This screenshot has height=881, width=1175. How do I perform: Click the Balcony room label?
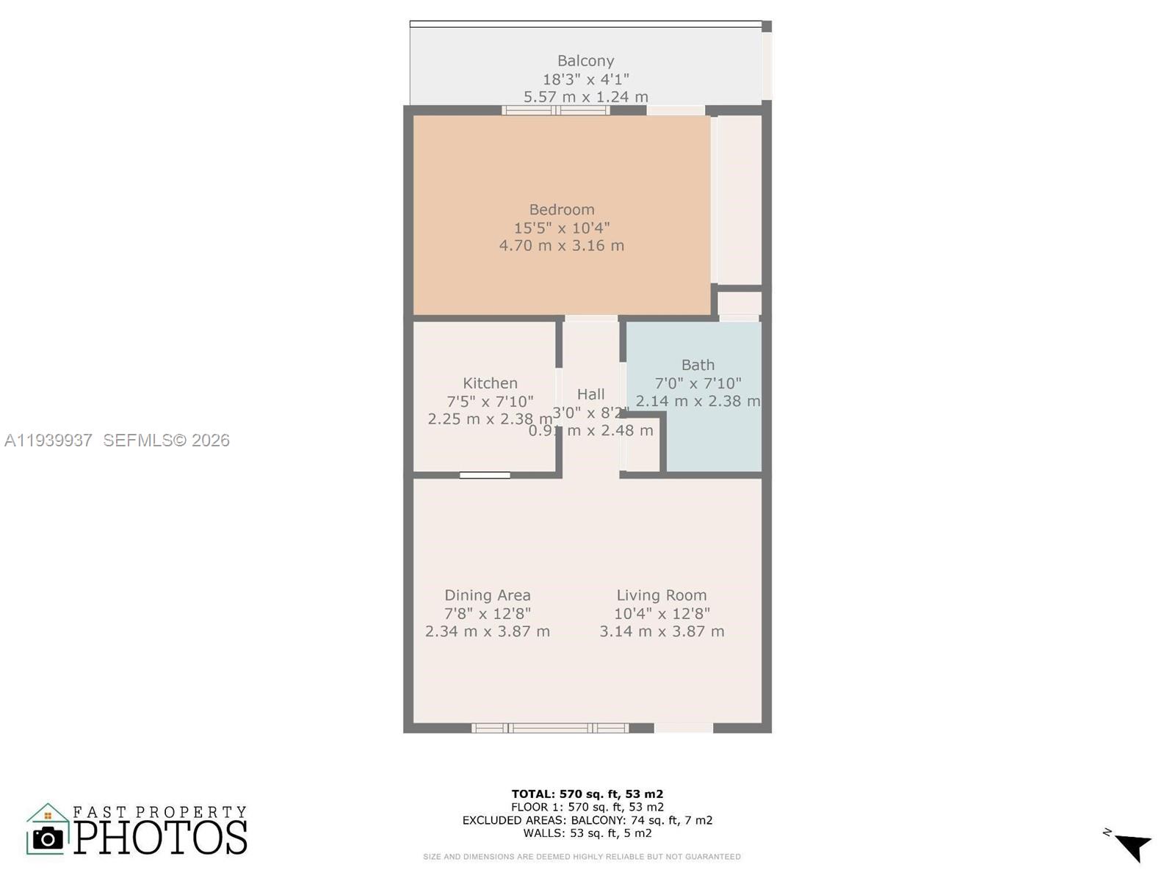click(585, 61)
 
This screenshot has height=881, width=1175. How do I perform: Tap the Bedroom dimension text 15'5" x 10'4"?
click(562, 228)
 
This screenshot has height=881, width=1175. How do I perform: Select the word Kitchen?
click(490, 383)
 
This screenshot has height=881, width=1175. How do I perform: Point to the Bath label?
click(697, 365)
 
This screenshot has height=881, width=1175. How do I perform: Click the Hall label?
click(590, 394)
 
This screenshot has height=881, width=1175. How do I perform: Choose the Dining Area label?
click(487, 595)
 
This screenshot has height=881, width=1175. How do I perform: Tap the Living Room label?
click(661, 595)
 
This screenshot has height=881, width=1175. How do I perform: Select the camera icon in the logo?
click(48, 838)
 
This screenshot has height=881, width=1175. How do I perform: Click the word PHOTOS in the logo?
click(160, 838)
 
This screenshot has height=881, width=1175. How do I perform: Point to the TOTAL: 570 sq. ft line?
click(587, 794)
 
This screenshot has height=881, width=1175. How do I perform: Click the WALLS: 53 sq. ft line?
click(587, 833)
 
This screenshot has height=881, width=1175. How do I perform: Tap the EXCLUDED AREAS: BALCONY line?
click(587, 820)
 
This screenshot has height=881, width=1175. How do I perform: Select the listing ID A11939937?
click(48, 440)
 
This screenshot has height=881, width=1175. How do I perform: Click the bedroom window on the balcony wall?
click(556, 111)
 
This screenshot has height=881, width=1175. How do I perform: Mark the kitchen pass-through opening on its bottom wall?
click(485, 476)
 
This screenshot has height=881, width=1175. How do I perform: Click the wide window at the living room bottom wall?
click(550, 728)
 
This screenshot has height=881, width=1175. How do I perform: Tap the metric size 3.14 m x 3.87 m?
click(661, 631)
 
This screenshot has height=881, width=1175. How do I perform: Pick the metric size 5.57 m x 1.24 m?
click(585, 97)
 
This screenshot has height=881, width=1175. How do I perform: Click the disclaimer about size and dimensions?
click(582, 857)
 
